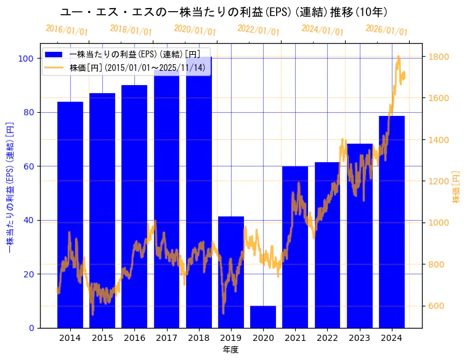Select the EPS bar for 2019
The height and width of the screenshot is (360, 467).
pyautogui.click(x=231, y=272)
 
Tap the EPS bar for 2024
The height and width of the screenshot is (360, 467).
pyautogui.click(x=392, y=222)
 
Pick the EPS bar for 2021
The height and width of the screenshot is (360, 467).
pyautogui.click(x=295, y=247)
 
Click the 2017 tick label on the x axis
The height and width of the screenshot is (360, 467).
pyautogui.click(x=166, y=338)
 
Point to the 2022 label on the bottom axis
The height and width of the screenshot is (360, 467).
pyautogui.click(x=327, y=338)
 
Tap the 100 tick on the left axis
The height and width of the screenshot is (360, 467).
pyautogui.click(x=26, y=59)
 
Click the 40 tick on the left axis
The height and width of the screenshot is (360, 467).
pyautogui.click(x=28, y=220)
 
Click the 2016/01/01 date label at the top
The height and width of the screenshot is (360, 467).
pyautogui.click(x=67, y=30)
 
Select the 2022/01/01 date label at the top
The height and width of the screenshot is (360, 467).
pyautogui.click(x=258, y=30)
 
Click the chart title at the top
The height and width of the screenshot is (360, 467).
pyautogui.click(x=224, y=12)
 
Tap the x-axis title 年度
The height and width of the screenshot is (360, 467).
pyautogui.click(x=230, y=350)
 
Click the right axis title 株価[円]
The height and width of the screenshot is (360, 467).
pyautogui.click(x=457, y=187)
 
